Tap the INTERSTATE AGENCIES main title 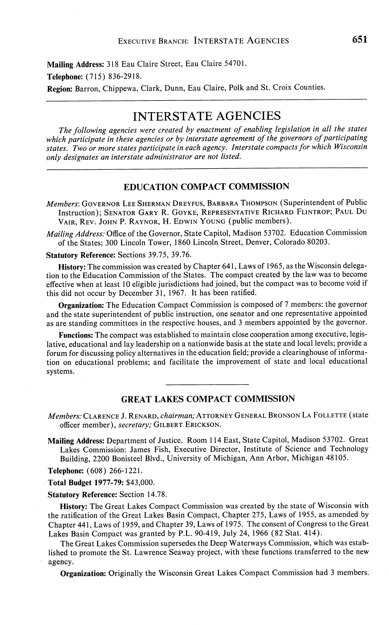207,116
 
